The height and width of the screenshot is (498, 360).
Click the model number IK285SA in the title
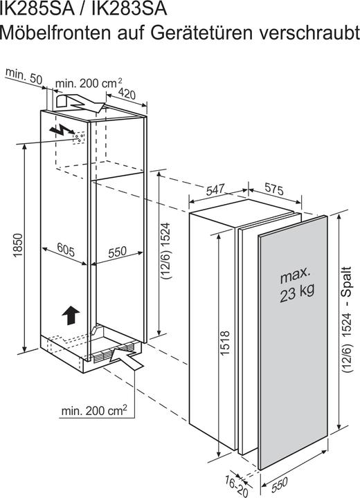[x=37, y=8]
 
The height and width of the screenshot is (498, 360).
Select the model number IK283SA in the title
[x=129, y=8]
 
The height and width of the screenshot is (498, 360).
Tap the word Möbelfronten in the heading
[x=55, y=33]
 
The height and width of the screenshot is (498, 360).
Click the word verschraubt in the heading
[x=309, y=33]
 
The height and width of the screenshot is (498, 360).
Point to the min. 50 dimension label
[x=24, y=77]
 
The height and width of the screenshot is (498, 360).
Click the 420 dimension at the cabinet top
[x=127, y=93]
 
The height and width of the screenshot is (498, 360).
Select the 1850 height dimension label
[x=18, y=245]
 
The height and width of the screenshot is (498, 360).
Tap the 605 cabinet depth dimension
[x=66, y=250]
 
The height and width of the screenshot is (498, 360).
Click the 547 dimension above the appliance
[x=215, y=190]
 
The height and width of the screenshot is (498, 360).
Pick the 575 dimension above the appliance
[x=274, y=190]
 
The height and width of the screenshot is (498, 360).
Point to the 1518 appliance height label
[x=224, y=343]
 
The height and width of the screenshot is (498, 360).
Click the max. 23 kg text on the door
[x=296, y=284]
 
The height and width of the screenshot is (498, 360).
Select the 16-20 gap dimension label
[x=237, y=486]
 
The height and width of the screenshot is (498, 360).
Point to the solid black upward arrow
[x=71, y=315]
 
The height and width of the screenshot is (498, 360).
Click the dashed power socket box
[x=78, y=138]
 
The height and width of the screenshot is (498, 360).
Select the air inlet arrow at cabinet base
[x=127, y=358]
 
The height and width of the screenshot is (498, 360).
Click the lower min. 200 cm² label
[x=94, y=411]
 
